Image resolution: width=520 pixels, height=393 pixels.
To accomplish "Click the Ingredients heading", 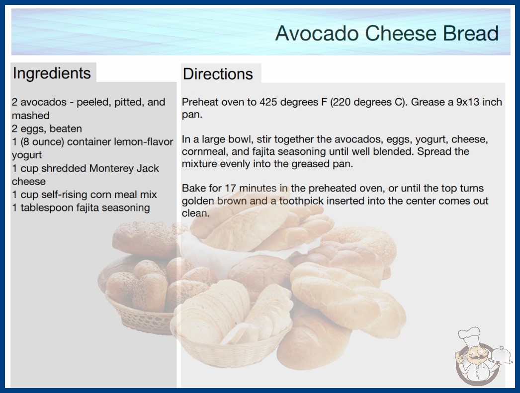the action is pyautogui.click(x=52, y=73).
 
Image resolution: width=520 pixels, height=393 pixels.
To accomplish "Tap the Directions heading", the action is pyautogui.click(x=218, y=74).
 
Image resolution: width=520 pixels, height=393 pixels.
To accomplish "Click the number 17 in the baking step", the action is pyautogui.click(x=231, y=188).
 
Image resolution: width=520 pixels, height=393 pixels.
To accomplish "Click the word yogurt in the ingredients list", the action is pyautogui.click(x=26, y=155).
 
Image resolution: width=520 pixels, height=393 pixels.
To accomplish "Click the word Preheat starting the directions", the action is pyautogui.click(x=200, y=102).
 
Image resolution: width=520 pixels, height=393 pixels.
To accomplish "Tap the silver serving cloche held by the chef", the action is pyautogui.click(x=501, y=356).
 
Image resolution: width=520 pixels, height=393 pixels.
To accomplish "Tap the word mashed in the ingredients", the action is pyautogui.click(x=30, y=116).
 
